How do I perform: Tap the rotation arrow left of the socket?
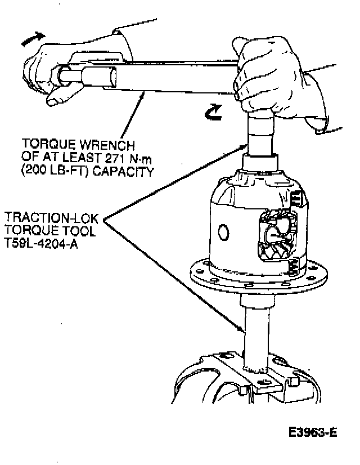click(214, 114)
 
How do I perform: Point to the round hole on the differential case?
click(223, 232)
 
